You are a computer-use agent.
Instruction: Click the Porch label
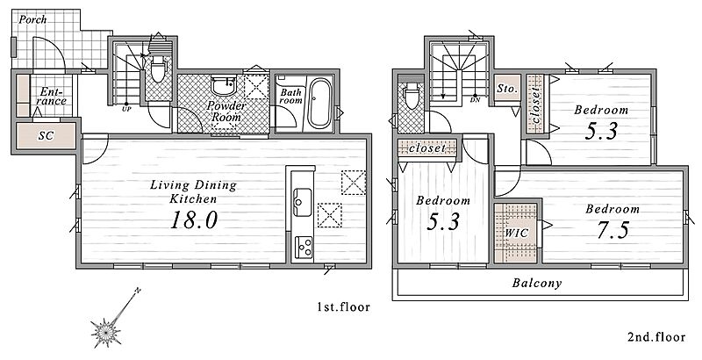click(x=32, y=19)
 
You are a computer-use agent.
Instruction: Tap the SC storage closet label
click(x=46, y=136)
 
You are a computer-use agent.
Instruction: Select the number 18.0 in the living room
click(x=194, y=220)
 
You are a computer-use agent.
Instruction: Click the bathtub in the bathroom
click(x=319, y=103)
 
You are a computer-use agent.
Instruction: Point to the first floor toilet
click(x=158, y=69)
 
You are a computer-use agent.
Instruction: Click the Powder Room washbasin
click(x=224, y=85)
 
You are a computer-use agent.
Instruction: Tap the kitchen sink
click(x=303, y=201)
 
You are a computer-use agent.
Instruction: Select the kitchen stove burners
click(x=304, y=247)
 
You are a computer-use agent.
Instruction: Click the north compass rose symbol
click(x=107, y=331)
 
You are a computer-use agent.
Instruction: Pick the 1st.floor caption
click(x=343, y=307)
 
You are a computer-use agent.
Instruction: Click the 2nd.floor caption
click(x=655, y=336)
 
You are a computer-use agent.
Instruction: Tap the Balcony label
click(x=537, y=283)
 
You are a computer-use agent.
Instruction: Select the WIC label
click(x=516, y=233)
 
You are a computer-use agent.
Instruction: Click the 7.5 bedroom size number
click(x=612, y=230)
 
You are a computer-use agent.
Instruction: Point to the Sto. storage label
click(x=507, y=89)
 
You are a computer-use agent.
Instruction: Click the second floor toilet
click(x=411, y=97)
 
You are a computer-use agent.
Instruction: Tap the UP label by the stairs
click(x=126, y=108)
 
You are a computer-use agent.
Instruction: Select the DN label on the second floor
click(x=475, y=100)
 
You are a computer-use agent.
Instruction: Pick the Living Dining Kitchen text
click(x=193, y=191)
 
